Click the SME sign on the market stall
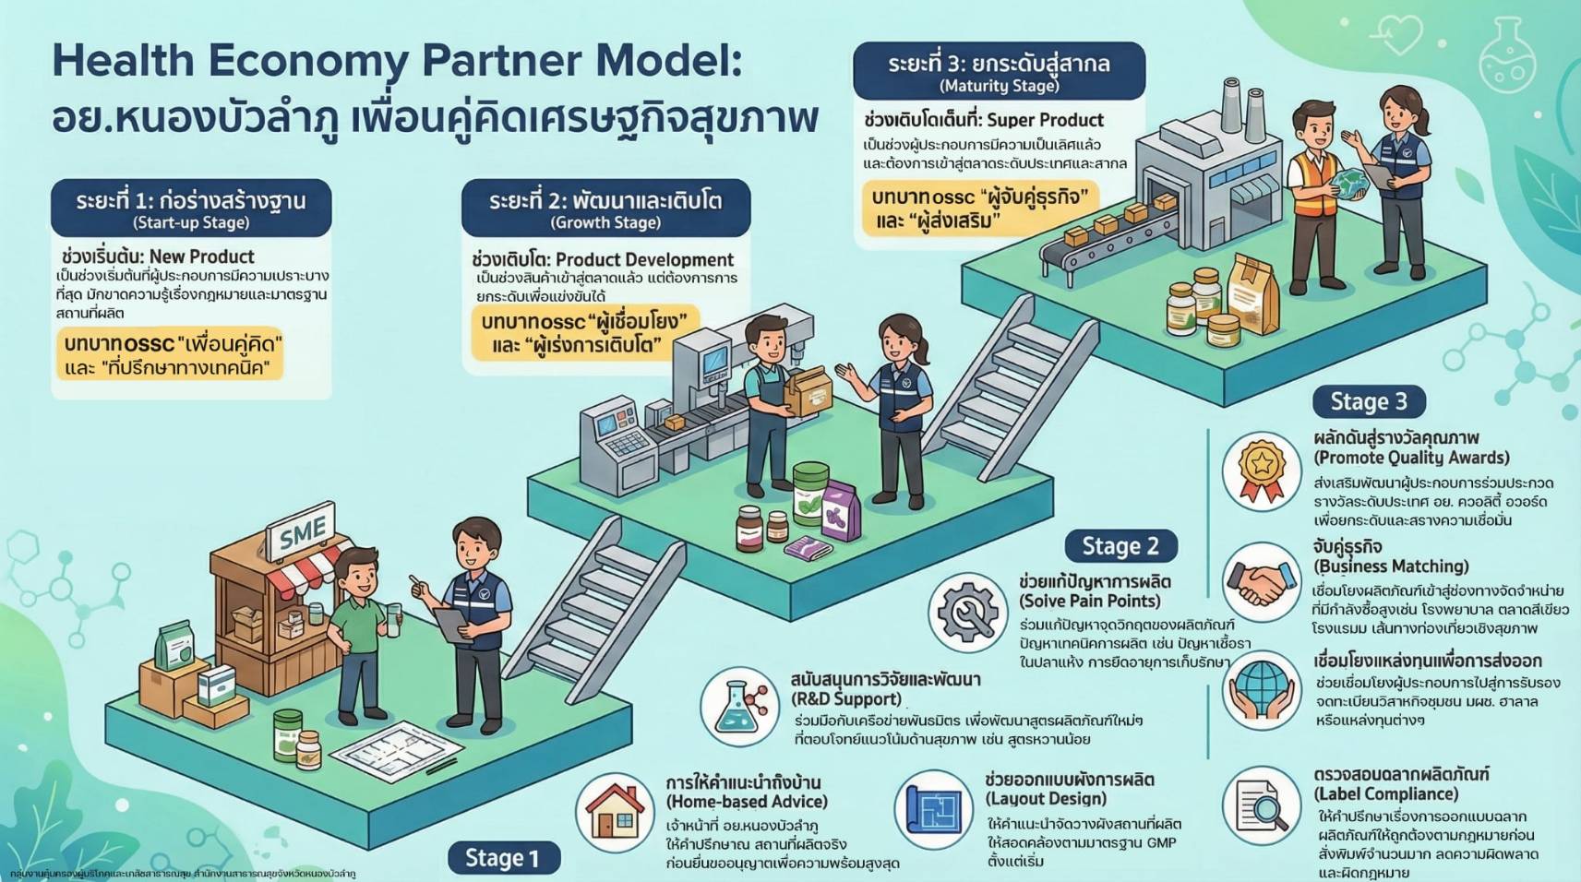302,533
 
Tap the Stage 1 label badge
502,858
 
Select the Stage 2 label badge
1120,546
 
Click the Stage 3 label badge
1368,401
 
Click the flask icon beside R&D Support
739,707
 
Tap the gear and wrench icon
967,612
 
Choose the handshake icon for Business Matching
1261,582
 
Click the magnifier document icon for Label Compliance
1261,805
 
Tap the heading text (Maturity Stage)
999,86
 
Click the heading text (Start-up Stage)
191,222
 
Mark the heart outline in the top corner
1399,34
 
